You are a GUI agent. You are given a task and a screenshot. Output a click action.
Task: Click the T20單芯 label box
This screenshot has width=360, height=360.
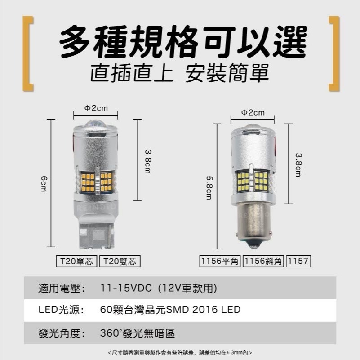point(76,261)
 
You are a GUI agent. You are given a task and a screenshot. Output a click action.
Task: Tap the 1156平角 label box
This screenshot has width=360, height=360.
point(220,261)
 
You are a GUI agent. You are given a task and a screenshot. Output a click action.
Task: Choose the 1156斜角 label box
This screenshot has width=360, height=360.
point(263,261)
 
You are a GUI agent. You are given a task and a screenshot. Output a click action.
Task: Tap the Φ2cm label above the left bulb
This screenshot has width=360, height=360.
point(96,108)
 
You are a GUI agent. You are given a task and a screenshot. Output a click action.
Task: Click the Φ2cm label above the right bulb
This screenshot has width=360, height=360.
point(253,112)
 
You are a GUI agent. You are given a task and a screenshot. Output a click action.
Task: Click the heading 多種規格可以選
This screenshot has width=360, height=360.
point(183,41)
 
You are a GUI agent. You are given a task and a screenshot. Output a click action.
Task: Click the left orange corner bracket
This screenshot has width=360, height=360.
point(28,54)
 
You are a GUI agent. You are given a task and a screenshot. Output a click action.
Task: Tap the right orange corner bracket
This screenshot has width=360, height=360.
point(333,54)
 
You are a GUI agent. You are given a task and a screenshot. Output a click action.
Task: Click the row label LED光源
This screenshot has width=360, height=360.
point(58,310)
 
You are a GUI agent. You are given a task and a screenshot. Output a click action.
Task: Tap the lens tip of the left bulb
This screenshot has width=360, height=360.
point(95,124)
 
